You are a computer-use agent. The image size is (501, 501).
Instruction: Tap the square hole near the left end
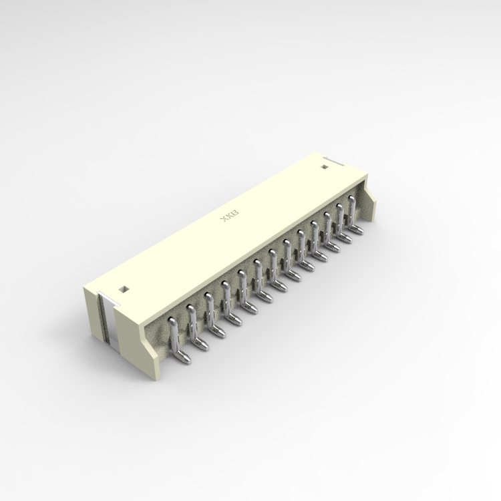(x=123, y=289)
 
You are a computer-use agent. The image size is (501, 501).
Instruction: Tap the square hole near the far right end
(x=325, y=166)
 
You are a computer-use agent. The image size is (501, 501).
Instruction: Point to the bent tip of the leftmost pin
(x=185, y=359)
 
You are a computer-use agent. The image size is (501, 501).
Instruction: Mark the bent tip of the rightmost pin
(x=359, y=231)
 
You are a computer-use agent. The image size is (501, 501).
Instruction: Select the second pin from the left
(x=191, y=321)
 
